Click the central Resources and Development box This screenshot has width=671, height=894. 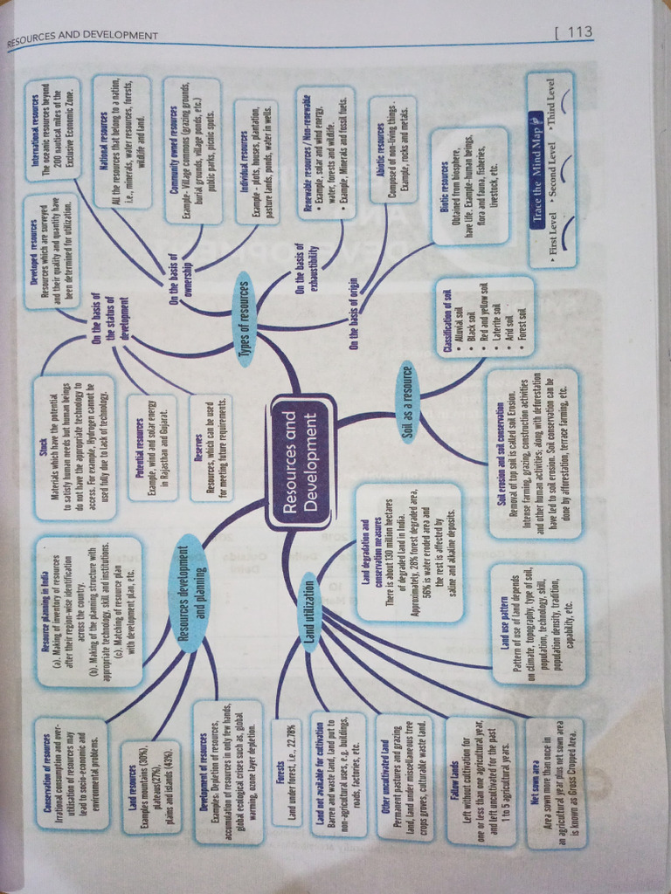(301, 463)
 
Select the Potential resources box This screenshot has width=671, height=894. (152, 447)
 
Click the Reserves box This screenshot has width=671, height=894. (211, 448)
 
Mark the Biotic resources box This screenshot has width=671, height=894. (470, 184)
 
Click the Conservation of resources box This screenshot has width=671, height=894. (70, 771)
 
